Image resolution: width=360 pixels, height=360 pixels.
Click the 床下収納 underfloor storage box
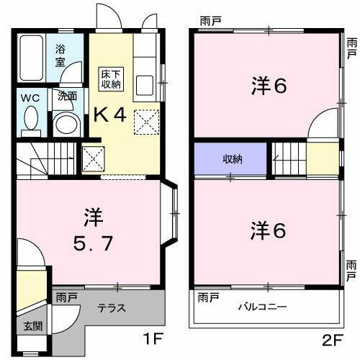(x=110, y=78)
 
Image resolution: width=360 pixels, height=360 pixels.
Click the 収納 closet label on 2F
(x=231, y=159)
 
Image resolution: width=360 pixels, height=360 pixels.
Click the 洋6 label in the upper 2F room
(x=269, y=86)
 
